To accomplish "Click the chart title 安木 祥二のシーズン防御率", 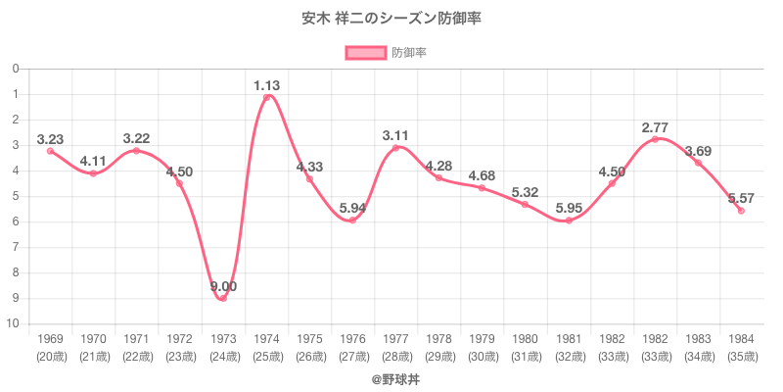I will pyautogui.click(x=391, y=19).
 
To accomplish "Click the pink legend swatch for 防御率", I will pyautogui.click(x=364, y=52).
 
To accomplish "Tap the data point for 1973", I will pyautogui.click(x=223, y=298).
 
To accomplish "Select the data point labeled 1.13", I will pyautogui.click(x=266, y=97).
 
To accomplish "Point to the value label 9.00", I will pyautogui.click(x=223, y=286).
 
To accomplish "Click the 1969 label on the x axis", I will pyautogui.click(x=50, y=338).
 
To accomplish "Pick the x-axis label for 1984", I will pyautogui.click(x=741, y=338).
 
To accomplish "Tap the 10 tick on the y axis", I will pyautogui.click(x=16, y=324).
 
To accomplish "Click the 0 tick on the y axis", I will pyautogui.click(x=16, y=69).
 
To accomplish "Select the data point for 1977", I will pyautogui.click(x=395, y=148).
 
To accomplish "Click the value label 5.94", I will pyautogui.click(x=352, y=208).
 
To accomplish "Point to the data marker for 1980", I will pyautogui.click(x=525, y=204).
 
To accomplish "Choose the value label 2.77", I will pyautogui.click(x=655, y=127).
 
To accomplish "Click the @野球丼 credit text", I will pyautogui.click(x=391, y=376).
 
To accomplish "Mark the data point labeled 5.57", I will pyautogui.click(x=741, y=211).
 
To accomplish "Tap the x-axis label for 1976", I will pyautogui.click(x=352, y=338).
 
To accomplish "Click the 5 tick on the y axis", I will pyautogui.click(x=16, y=196).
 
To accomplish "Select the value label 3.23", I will pyautogui.click(x=50, y=139).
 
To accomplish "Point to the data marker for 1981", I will pyautogui.click(x=569, y=220).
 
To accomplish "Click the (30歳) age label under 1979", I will pyautogui.click(x=482, y=356).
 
